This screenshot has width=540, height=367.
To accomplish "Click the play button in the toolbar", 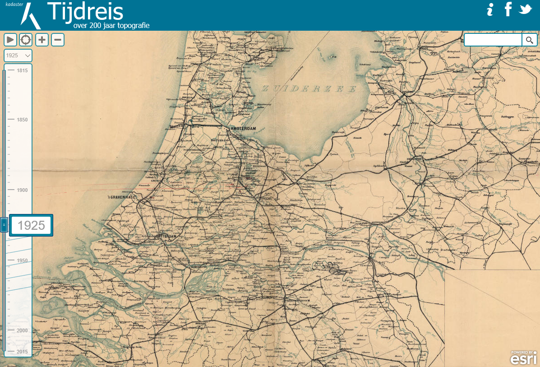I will (x=10, y=40).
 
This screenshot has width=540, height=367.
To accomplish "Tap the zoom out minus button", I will (x=58, y=40).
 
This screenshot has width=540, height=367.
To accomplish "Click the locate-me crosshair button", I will (x=26, y=40).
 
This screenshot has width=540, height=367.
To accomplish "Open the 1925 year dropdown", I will (x=18, y=55).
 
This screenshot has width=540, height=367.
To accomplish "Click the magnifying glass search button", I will (x=530, y=40).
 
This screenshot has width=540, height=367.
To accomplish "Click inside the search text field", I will (x=493, y=40).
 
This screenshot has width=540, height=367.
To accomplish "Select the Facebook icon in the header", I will (x=508, y=9).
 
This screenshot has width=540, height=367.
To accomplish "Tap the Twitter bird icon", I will (x=526, y=9).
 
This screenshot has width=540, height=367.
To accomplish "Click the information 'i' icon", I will (x=490, y=9).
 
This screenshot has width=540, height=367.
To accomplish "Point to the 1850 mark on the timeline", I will (x=22, y=120).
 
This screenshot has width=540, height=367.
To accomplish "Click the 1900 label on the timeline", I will (x=22, y=190).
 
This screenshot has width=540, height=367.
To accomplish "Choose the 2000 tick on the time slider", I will (x=22, y=330).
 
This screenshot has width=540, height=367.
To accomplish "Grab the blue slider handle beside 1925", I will (x=4, y=224).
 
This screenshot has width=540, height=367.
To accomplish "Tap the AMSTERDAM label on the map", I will (x=243, y=129).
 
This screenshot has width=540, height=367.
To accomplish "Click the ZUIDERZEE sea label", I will (x=309, y=89).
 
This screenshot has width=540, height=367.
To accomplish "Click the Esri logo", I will (x=523, y=358).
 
